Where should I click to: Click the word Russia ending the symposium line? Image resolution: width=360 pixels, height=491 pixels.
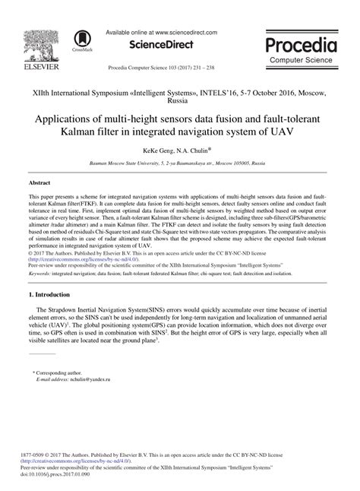pyautogui.click(x=180, y=100)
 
